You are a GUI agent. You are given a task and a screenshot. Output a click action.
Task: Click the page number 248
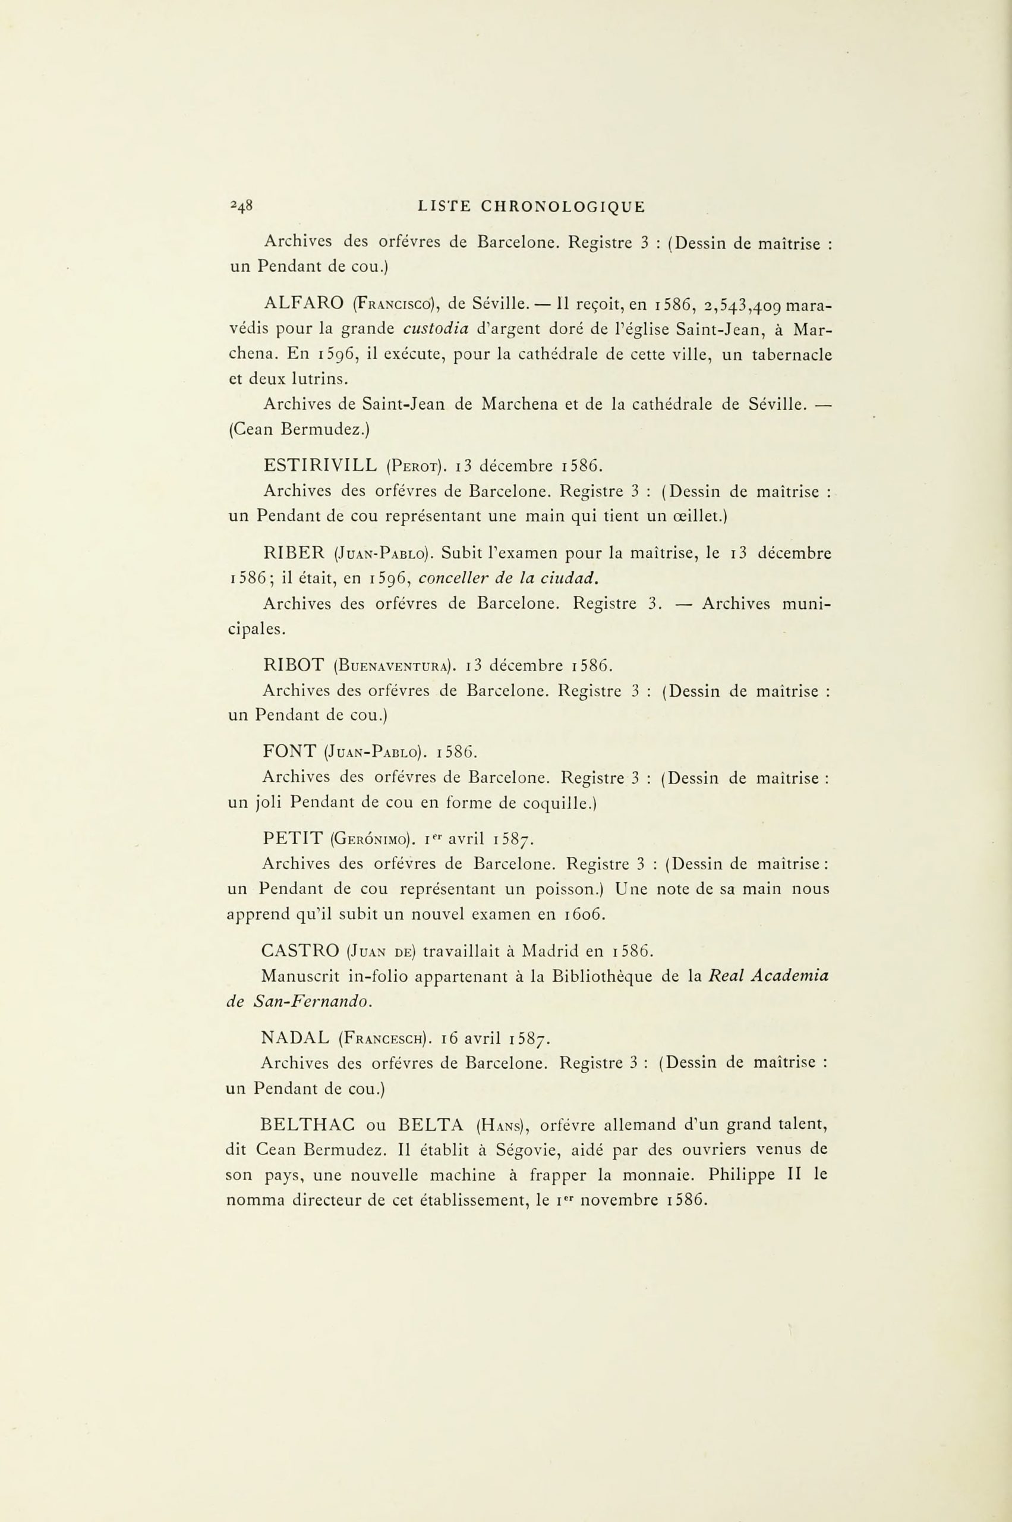[241, 207]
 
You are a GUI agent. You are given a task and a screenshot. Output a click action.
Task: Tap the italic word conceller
[449, 579]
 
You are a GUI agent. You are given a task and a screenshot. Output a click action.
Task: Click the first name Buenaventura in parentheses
[395, 665]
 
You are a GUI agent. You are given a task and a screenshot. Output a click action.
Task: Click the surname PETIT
[292, 839]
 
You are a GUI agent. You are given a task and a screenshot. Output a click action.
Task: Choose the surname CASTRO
[301, 951]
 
